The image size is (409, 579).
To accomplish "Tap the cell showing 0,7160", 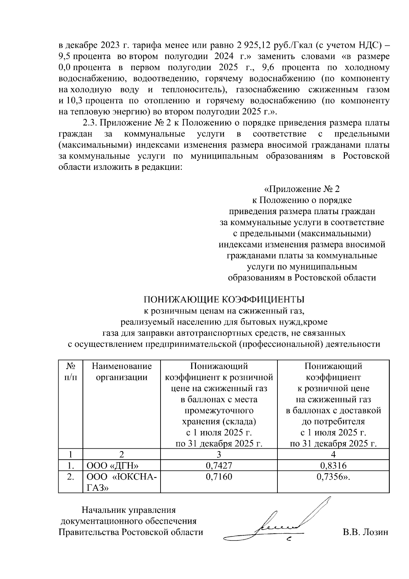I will [x=218, y=477].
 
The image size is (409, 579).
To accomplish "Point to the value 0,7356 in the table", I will [x=333, y=477].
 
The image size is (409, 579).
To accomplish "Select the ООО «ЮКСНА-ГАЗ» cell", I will [x=121, y=482].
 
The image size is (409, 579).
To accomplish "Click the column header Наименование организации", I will [x=121, y=372].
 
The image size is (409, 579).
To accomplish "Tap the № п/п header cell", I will [x=71, y=372].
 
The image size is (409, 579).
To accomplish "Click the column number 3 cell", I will [x=218, y=454].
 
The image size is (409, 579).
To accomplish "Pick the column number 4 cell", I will [x=333, y=454].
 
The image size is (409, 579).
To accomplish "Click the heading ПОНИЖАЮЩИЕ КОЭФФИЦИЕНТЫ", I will [x=224, y=300].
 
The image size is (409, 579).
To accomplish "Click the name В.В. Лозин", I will [x=365, y=532].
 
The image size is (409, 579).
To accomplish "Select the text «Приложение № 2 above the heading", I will [x=302, y=189].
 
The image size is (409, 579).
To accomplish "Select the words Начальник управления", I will [x=128, y=510].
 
